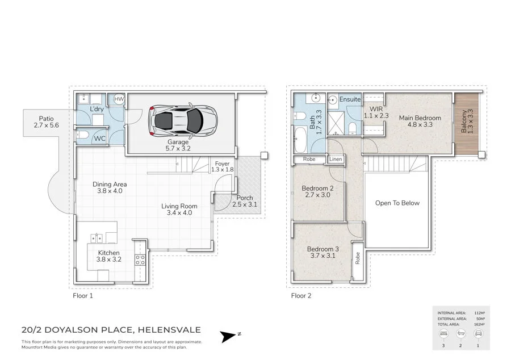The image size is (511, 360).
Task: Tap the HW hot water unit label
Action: click(119, 99)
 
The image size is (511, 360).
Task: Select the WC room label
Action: click(99, 138)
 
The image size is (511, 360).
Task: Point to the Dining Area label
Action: click(110, 187)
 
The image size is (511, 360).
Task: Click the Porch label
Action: click(245, 201)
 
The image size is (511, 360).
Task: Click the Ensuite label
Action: click(350, 99)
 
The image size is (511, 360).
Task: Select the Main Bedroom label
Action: click(420, 122)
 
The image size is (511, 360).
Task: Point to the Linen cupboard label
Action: click(336, 160)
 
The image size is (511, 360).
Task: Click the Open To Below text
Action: click(397, 203)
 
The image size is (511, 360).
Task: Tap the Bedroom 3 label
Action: click(322, 252)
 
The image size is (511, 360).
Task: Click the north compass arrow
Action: click(229, 337)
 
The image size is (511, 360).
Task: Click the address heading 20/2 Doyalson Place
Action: click(111, 330)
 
